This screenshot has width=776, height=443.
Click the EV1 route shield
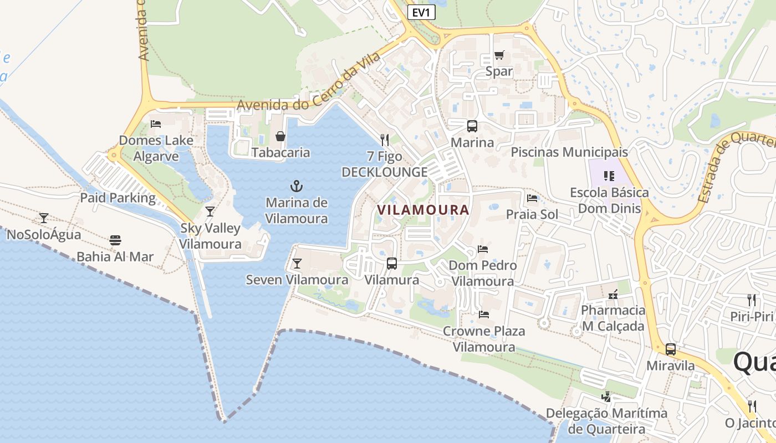click(421, 12)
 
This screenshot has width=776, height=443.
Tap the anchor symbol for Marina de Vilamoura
click(297, 186)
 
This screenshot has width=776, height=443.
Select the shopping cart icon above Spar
click(499, 55)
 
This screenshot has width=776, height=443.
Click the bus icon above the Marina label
click(472, 126)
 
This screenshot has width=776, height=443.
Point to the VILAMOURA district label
click(423, 210)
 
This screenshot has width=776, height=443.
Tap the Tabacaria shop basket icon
click(280, 136)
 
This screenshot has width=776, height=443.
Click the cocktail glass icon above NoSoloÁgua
click(44, 218)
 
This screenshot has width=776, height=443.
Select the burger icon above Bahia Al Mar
click(115, 240)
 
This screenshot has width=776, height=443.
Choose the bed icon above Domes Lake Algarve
click(156, 123)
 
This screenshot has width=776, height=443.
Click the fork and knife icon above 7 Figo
click(385, 140)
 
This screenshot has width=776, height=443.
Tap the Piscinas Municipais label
click(569, 152)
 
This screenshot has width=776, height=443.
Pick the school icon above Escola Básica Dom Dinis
click(609, 176)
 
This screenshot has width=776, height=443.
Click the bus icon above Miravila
click(671, 349)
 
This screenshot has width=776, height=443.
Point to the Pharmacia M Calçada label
click(613, 318)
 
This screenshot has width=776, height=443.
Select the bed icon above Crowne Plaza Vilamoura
click(484, 315)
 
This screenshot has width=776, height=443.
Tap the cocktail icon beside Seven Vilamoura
click(297, 264)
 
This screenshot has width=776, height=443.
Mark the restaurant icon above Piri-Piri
click(752, 300)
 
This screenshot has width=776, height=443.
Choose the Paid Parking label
click(118, 198)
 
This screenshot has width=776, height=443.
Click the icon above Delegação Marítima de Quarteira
click(606, 397)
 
